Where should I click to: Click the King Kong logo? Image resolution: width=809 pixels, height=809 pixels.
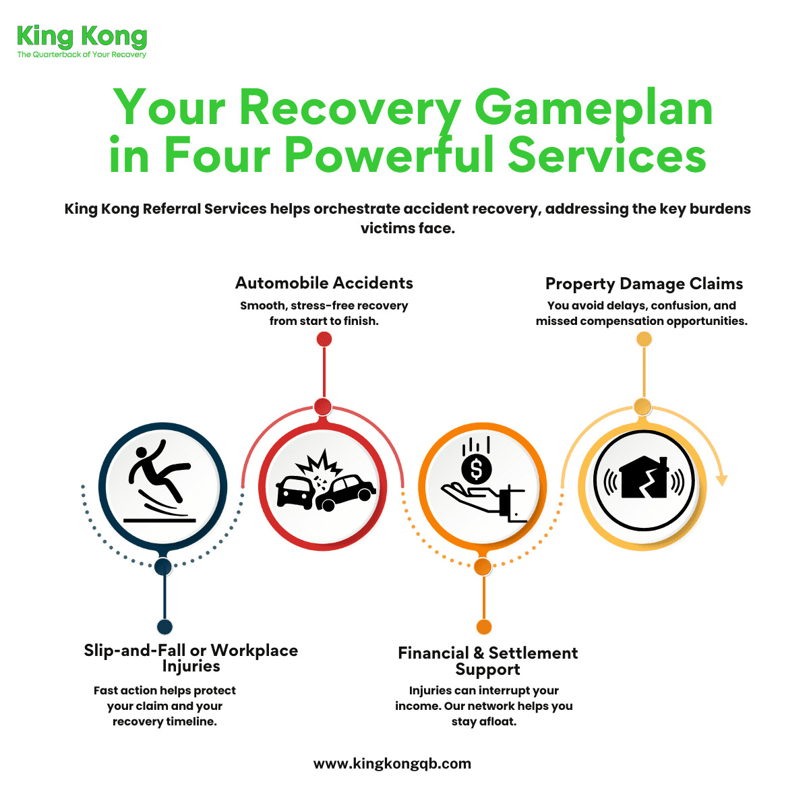coord(82,37)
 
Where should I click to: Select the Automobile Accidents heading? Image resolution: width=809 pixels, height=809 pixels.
coord(324,283)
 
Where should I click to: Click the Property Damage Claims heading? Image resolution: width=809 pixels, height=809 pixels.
coord(644,284)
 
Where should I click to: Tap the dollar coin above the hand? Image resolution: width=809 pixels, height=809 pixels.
coord(477,469)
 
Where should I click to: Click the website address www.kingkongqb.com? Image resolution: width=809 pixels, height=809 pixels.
coord(392,764)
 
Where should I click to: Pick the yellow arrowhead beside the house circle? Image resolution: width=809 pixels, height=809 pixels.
coord(721,480)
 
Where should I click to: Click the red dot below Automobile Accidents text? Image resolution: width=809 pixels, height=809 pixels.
coord(324,339)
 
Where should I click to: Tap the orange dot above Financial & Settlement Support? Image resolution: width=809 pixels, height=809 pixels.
coord(483,627)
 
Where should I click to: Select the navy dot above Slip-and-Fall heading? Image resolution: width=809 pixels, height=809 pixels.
coord(164,627)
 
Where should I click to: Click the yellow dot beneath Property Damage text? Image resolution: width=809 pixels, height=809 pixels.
coord(644,339)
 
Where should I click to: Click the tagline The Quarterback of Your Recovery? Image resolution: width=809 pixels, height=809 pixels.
coord(82,55)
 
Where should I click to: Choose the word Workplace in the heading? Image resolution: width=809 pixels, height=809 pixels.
coord(254,651)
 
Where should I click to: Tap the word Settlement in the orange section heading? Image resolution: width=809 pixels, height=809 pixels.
coord(533,653)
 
